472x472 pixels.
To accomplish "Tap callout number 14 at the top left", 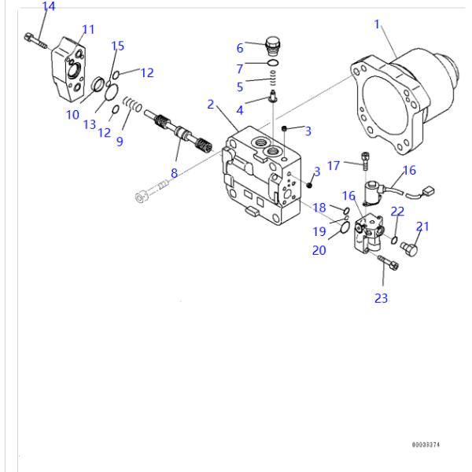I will [x=49, y=7].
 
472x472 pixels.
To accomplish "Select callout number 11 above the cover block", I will [x=88, y=30].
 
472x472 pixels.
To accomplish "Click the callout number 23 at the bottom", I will [x=382, y=298].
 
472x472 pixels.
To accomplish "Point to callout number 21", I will [x=422, y=227].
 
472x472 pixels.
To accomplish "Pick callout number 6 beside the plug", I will [x=240, y=48].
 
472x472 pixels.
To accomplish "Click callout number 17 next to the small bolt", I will [x=334, y=165].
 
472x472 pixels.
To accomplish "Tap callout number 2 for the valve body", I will [x=211, y=104].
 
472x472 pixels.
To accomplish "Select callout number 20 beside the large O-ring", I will [x=319, y=251].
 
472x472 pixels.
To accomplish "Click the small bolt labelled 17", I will [x=364, y=162].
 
